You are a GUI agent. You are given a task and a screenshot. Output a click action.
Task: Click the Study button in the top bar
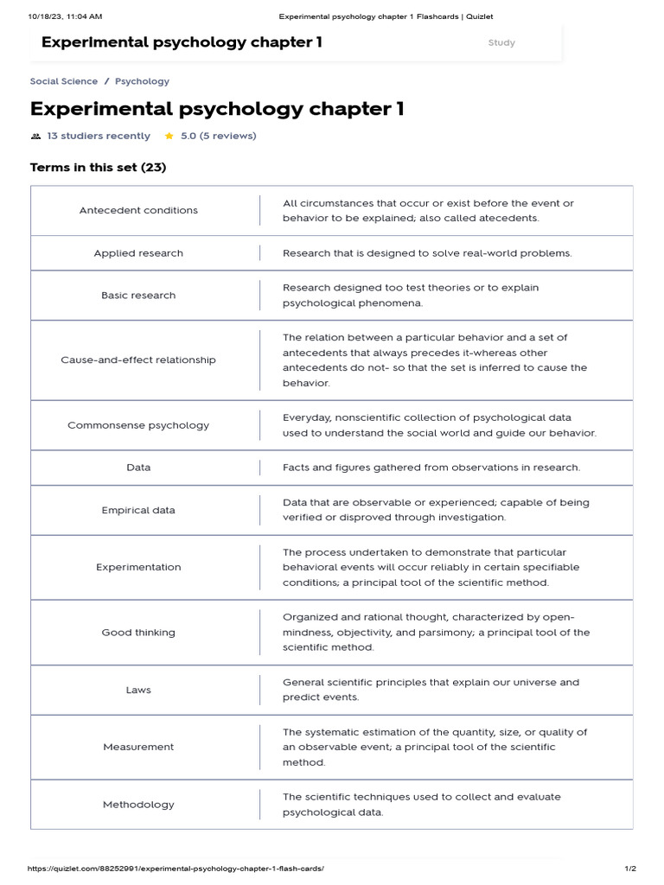click(x=501, y=42)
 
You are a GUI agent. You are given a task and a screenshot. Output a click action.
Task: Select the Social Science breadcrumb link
click(x=64, y=81)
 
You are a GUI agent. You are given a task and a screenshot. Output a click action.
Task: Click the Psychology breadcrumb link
click(x=142, y=81)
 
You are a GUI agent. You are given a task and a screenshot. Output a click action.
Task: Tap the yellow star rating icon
click(x=169, y=136)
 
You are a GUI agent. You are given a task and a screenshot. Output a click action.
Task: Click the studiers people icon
click(x=35, y=137)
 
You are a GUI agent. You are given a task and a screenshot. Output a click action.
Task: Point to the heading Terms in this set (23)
click(x=98, y=168)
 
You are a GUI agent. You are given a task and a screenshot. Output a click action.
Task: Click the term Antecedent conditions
click(x=138, y=210)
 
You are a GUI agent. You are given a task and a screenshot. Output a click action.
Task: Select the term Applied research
click(x=138, y=253)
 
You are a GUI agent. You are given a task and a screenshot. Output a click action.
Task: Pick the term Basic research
click(x=138, y=296)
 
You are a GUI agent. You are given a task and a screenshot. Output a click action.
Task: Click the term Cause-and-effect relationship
click(x=138, y=360)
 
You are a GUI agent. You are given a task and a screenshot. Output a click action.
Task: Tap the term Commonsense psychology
click(x=138, y=425)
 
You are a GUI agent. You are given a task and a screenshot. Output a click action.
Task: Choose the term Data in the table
click(x=138, y=468)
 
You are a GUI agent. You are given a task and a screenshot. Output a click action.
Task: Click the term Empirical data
click(x=138, y=510)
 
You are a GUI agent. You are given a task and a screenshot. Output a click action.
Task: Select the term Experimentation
click(x=138, y=567)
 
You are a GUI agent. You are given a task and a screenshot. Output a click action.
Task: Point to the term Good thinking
click(x=138, y=633)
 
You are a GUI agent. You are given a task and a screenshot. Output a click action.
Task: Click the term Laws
click(x=138, y=690)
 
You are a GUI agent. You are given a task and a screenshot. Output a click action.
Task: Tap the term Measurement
click(x=138, y=747)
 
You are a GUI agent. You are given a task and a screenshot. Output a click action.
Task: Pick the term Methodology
click(x=138, y=805)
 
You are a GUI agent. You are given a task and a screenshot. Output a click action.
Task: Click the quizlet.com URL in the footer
click(x=176, y=869)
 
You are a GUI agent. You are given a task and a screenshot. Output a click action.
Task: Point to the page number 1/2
click(x=630, y=869)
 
